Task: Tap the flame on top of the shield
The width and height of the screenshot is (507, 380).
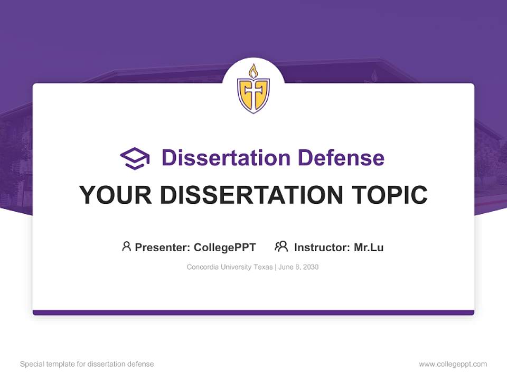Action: click(x=253, y=71)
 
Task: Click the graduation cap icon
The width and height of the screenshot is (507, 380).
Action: click(x=135, y=158)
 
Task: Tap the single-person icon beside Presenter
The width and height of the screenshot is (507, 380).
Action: click(x=126, y=246)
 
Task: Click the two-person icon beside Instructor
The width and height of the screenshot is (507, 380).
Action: click(x=281, y=246)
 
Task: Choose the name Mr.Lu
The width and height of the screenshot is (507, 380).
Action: click(x=369, y=247)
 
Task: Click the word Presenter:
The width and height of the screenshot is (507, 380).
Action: click(x=163, y=247)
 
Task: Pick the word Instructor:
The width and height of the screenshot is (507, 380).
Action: click(x=322, y=247)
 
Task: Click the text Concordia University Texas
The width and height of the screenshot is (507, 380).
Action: click(x=229, y=267)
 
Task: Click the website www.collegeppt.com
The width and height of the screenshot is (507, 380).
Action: click(x=453, y=364)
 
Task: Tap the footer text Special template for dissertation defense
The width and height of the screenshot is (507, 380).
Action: click(x=87, y=364)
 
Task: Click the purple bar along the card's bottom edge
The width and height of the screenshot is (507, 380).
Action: click(x=253, y=312)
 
